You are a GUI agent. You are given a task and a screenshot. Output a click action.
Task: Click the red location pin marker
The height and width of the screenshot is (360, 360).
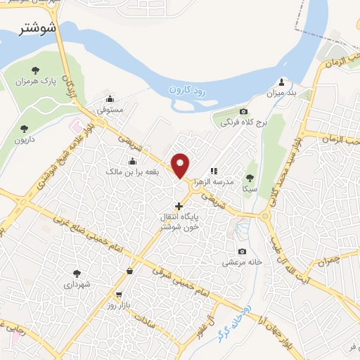181,165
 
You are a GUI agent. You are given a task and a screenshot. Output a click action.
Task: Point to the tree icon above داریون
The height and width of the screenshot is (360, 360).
25,128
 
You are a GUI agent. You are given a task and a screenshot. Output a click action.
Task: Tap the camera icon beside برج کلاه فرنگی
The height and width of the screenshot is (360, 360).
244,112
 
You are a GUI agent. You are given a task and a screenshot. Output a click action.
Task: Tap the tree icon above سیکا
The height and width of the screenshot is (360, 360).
249,178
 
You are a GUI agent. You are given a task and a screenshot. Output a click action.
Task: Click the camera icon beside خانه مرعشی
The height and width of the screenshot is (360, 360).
242,252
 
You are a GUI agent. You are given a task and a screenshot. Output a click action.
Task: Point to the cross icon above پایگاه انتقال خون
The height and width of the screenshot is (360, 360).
179,206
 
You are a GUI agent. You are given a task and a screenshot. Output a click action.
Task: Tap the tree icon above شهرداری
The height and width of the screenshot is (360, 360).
77,273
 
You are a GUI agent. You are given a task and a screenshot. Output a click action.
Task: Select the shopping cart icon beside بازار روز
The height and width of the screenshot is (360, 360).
118,295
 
